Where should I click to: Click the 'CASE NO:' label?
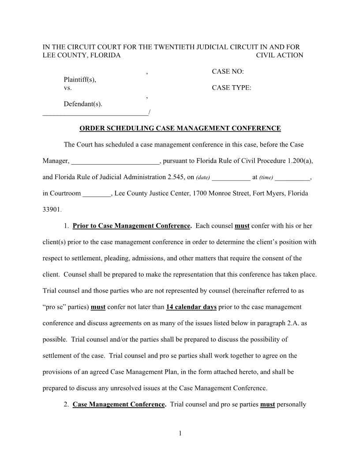pyautogui.click(x=228, y=71)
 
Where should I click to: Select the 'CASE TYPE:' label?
pyautogui.click(x=232, y=88)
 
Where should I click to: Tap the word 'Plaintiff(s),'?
pyautogui.click(x=80, y=80)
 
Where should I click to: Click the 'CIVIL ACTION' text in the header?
pyautogui.click(x=280, y=55)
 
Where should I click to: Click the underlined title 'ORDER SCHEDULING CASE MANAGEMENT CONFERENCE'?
pyautogui.click(x=180, y=128)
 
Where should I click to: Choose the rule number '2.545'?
pyautogui.click(x=176, y=177)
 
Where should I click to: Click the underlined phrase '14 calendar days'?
pyautogui.click(x=191, y=307)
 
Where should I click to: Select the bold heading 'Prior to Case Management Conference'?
pyautogui.click(x=131, y=226)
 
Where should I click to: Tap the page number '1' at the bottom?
pyautogui.click(x=180, y=433)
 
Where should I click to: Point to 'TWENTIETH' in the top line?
pyautogui.click(x=172, y=47)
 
